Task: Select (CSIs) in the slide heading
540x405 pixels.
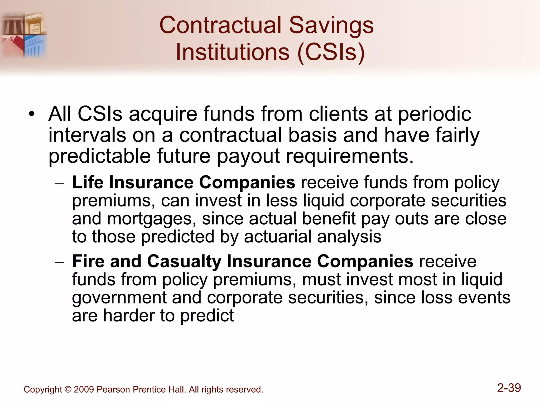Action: point(331,52)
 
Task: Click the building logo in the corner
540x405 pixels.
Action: point(24,34)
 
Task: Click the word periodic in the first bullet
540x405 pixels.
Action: point(434,114)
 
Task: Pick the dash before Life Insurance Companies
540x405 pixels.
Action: point(59,183)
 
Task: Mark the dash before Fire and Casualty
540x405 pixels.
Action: point(59,262)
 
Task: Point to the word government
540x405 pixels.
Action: point(119,298)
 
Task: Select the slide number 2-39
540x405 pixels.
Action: point(509,388)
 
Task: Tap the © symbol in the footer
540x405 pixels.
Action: point(68,389)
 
